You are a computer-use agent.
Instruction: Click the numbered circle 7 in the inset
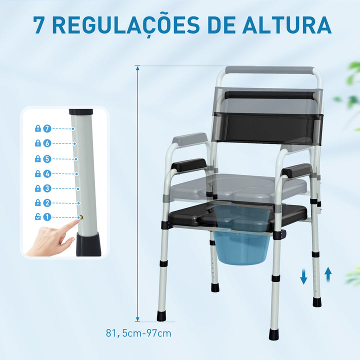[47, 128]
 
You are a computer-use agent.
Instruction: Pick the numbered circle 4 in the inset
[47, 173]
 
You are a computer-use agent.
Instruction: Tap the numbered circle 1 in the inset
[47, 217]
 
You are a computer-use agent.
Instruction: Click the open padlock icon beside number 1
[37, 217]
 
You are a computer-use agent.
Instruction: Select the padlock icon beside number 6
[37, 143]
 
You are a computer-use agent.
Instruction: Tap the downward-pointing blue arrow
[303, 276]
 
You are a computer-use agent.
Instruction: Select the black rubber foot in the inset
[88, 245]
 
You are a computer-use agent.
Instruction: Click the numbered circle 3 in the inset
[47, 188]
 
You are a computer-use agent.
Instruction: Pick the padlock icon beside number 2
[37, 203]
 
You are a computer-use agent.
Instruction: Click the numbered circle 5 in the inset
[47, 159]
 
